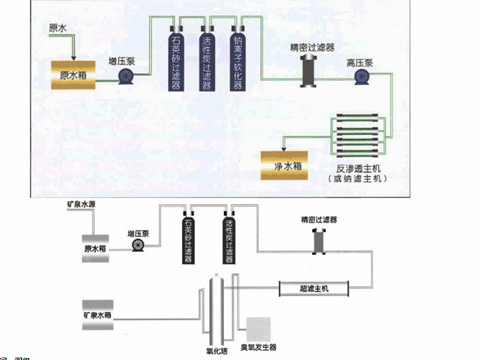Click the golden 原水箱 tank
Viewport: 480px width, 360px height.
coord(73,75)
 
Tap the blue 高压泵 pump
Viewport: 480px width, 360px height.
coord(362,76)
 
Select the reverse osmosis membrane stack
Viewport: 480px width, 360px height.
coord(358,137)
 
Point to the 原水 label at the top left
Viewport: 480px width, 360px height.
coord(58,28)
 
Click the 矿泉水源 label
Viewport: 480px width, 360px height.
coord(81,205)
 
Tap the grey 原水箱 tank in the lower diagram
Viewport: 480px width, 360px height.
coord(95,248)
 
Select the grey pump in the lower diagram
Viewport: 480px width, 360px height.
coord(139,245)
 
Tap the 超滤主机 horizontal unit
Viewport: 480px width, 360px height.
coord(314,289)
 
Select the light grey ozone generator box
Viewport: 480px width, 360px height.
coord(259,329)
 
